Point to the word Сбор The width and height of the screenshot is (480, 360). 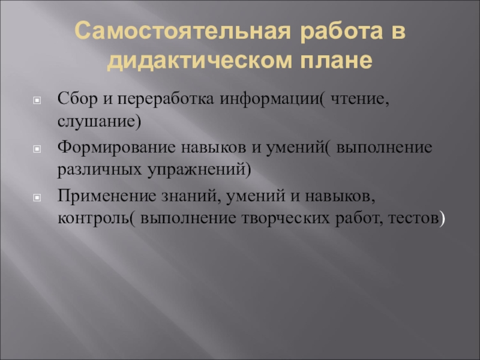[x=73, y=98]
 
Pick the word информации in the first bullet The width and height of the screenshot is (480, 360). [x=253, y=98]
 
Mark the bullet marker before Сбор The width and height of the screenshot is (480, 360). [x=37, y=99]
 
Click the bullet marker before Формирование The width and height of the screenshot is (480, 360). [x=37, y=148]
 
